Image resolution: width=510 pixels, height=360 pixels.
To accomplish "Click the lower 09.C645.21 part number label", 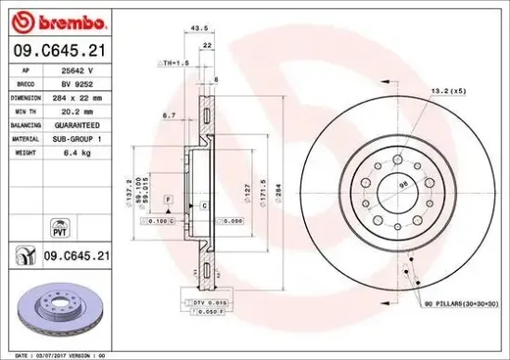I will [x=78, y=253].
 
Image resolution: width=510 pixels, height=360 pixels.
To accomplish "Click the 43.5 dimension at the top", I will [x=198, y=29].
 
